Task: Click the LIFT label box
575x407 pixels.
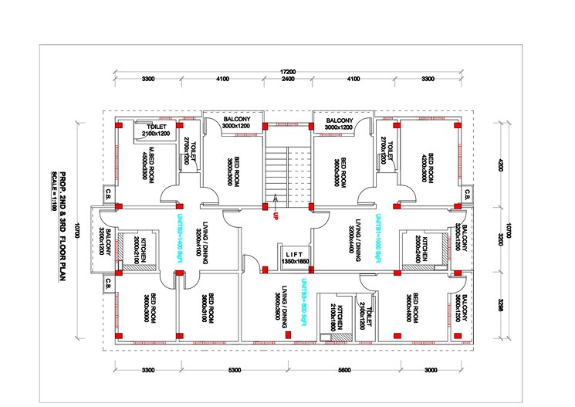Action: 293,258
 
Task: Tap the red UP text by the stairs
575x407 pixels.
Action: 274,215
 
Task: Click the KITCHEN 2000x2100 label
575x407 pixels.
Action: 140,249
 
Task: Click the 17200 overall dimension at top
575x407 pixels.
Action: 287,71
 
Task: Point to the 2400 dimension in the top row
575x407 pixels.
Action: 287,80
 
